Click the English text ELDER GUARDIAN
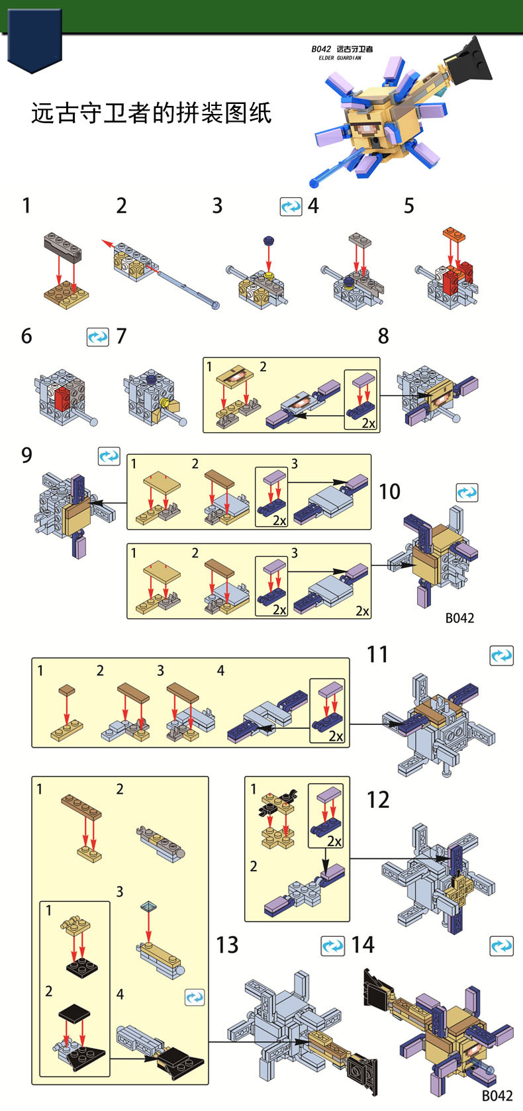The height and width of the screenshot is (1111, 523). [x=340, y=58]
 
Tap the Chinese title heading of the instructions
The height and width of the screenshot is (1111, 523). [x=151, y=113]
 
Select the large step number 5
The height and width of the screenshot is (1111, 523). [x=408, y=206]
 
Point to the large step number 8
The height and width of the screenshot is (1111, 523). [x=383, y=336]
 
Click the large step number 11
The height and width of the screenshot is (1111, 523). [x=377, y=654]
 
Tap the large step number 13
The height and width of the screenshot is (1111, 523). [x=227, y=944]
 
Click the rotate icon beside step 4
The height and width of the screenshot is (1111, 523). [x=291, y=207]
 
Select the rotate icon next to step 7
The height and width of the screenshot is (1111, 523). [x=97, y=337]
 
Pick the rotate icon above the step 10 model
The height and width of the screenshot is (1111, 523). [x=467, y=493]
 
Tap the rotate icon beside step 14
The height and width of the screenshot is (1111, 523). [x=501, y=946]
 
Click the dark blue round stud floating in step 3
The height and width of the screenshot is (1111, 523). [x=269, y=241]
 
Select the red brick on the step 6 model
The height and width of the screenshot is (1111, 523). [x=62, y=399]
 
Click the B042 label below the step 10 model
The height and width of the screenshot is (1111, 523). [x=459, y=618]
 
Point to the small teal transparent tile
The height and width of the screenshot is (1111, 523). [x=149, y=906]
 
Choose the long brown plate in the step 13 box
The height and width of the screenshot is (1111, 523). [x=81, y=805]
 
